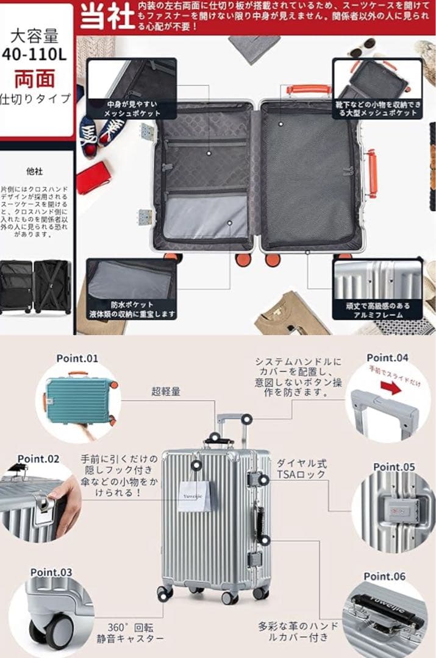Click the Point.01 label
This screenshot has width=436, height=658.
pyautogui.click(x=77, y=358)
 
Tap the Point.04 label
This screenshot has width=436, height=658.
pyautogui.click(x=387, y=358)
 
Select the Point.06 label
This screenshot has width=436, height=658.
pyautogui.click(x=384, y=576)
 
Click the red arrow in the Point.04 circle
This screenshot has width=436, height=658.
pyautogui.click(x=391, y=387)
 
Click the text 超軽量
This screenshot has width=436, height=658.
pyautogui.click(x=166, y=392)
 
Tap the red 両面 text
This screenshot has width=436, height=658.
pyautogui.click(x=35, y=79)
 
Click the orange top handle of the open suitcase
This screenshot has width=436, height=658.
pyautogui.click(x=309, y=90)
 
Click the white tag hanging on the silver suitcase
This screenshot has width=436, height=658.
pyautogui.click(x=195, y=496)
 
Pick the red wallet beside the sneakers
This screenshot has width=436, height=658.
pyautogui.click(x=93, y=177)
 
